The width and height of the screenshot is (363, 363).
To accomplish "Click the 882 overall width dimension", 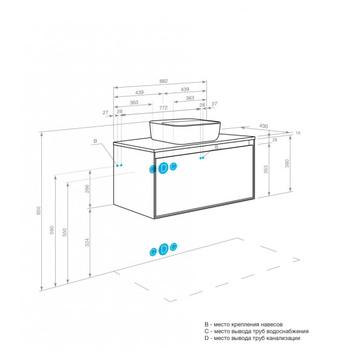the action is [x=163, y=81].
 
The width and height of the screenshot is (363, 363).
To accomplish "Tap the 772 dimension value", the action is [x=163, y=108].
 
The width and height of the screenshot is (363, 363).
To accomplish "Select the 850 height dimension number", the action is [x=39, y=211].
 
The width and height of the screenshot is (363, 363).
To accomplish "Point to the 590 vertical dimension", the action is [x=52, y=230].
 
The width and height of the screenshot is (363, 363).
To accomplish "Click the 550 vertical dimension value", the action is [x=65, y=232].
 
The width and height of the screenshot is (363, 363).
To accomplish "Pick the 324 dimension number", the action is [x=87, y=243].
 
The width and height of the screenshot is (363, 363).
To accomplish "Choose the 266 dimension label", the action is [x=87, y=189].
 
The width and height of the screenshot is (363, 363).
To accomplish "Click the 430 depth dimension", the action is [x=263, y=126].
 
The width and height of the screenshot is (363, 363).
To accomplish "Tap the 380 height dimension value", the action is [x=287, y=163].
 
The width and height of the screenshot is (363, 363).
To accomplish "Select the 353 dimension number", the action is [x=266, y=169].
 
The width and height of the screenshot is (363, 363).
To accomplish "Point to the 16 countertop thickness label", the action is [x=298, y=133].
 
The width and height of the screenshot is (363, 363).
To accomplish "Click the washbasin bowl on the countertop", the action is [x=185, y=131].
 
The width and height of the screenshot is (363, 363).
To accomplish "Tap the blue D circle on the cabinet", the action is [x=163, y=168].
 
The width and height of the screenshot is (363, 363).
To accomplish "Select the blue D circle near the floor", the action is [x=163, y=249].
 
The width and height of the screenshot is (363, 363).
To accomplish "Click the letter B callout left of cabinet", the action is [x=95, y=141].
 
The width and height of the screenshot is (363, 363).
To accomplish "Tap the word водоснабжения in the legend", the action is [x=287, y=332].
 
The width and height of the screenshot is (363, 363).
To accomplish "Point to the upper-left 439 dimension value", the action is [x=139, y=93].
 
